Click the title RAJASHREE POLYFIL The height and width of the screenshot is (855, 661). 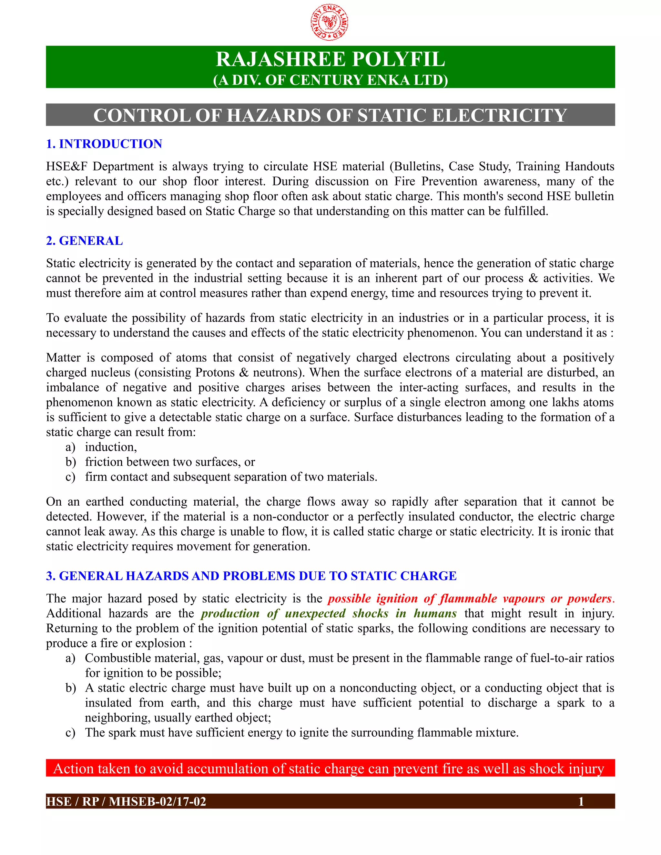330,59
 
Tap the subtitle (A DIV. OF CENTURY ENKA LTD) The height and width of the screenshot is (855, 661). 330,80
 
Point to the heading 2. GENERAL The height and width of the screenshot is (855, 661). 85,240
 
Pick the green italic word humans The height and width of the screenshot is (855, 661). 435,613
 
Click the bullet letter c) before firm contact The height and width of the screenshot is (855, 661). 70,477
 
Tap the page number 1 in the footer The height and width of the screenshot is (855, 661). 581,801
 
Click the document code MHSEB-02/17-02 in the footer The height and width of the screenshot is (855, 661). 158,801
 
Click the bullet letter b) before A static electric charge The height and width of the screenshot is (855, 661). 70,688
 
